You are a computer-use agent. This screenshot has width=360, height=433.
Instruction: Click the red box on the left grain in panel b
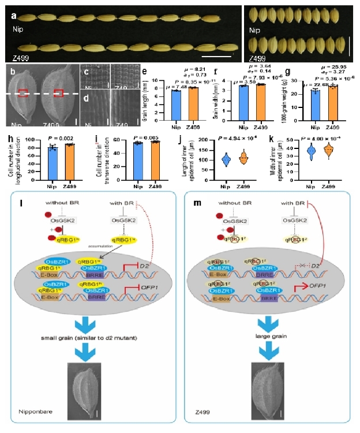tap(25, 94)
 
